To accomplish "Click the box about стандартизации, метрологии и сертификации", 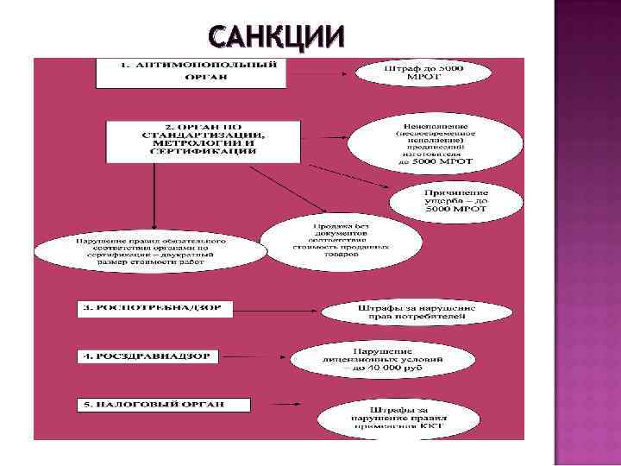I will (x=204, y=139).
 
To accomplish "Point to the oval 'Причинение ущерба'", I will (x=455, y=200).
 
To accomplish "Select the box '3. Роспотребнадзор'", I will (x=155, y=307).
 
